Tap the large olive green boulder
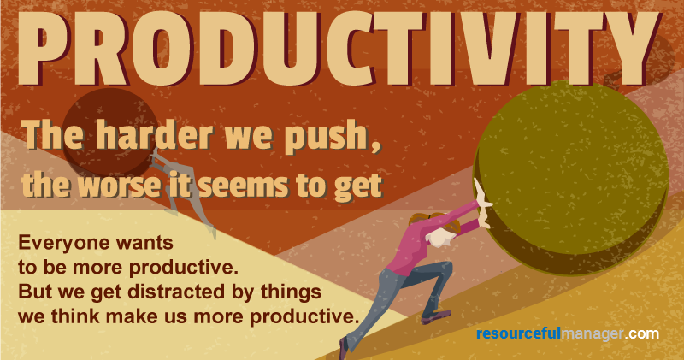pyautogui.click(x=570, y=177)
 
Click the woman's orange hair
pyautogui.click(x=436, y=221)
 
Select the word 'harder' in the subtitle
pyautogui.click(x=154, y=135)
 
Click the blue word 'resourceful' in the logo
pyautogui.click(x=518, y=333)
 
